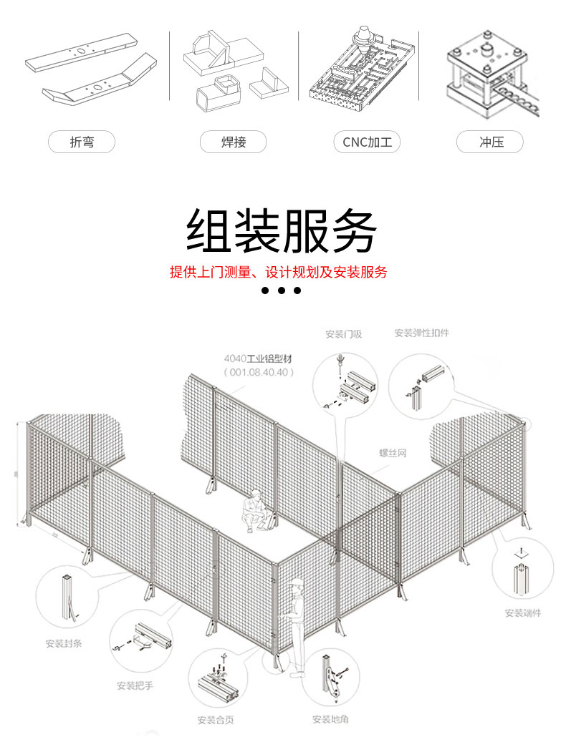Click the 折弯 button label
point(82,142)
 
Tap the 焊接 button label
point(234,142)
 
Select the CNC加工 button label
point(367,142)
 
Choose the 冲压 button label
point(491,142)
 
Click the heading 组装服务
point(281,230)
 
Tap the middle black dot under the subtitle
point(281,291)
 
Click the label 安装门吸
point(343,333)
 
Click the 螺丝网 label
point(393,453)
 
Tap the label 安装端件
point(522,612)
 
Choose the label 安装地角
point(330,719)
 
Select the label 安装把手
point(135,685)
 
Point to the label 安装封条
point(64,643)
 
